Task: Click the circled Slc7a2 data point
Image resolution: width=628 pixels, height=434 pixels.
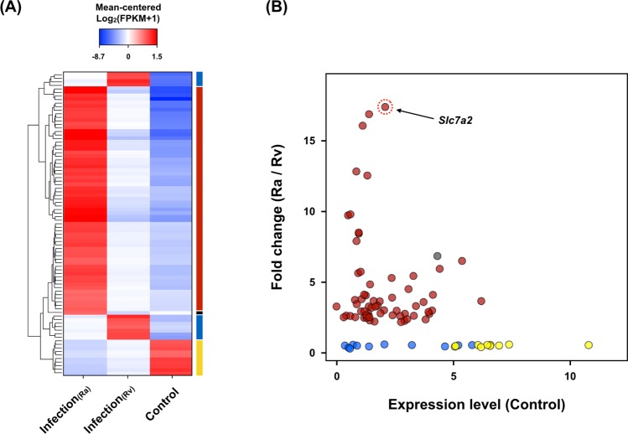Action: pyautogui.click(x=385, y=106)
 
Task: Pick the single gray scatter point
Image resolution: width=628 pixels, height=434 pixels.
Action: pyautogui.click(x=437, y=256)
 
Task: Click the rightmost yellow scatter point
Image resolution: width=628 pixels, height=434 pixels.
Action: pyautogui.click(x=589, y=345)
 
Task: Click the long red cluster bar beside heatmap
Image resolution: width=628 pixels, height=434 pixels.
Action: pyautogui.click(x=199, y=198)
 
